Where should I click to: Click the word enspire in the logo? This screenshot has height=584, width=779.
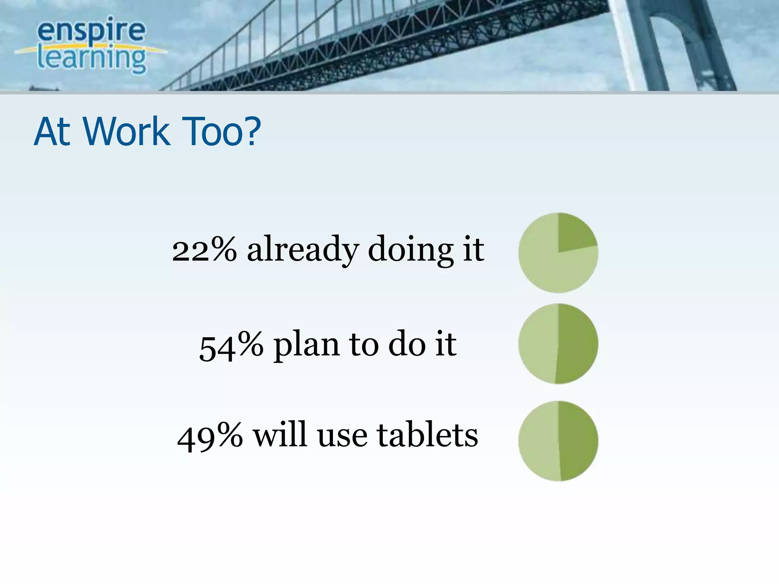tap(91, 31)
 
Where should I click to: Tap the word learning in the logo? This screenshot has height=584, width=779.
tap(91, 59)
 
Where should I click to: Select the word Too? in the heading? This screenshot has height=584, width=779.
tap(221, 132)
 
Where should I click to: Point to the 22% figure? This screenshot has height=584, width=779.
tap(204, 250)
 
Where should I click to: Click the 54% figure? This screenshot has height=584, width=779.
tap(231, 345)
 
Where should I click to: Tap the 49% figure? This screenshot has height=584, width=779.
tap(210, 436)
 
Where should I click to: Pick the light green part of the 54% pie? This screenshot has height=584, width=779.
tap(538, 344)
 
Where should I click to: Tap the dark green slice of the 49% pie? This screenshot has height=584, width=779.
tap(578, 441)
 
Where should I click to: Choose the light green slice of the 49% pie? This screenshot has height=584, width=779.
tap(538, 441)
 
